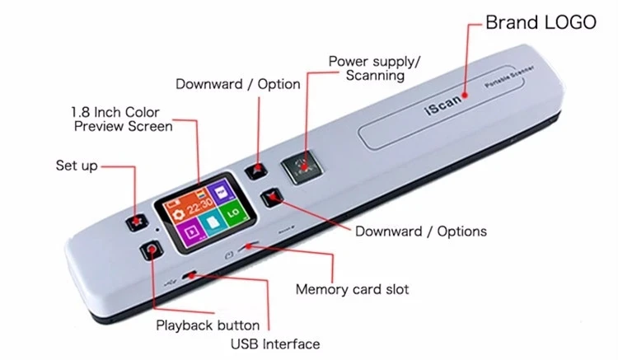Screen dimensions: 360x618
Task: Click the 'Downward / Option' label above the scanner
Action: coord(238,84)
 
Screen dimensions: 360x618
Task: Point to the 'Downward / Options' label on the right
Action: coord(420,231)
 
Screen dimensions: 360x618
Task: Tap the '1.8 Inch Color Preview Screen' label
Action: coord(123,119)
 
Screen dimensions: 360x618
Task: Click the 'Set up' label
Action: coord(77,166)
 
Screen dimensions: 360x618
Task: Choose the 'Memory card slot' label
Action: coord(352,289)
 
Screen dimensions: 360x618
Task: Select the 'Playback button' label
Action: coord(208,325)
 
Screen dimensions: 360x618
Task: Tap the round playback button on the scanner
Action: coord(151,250)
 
